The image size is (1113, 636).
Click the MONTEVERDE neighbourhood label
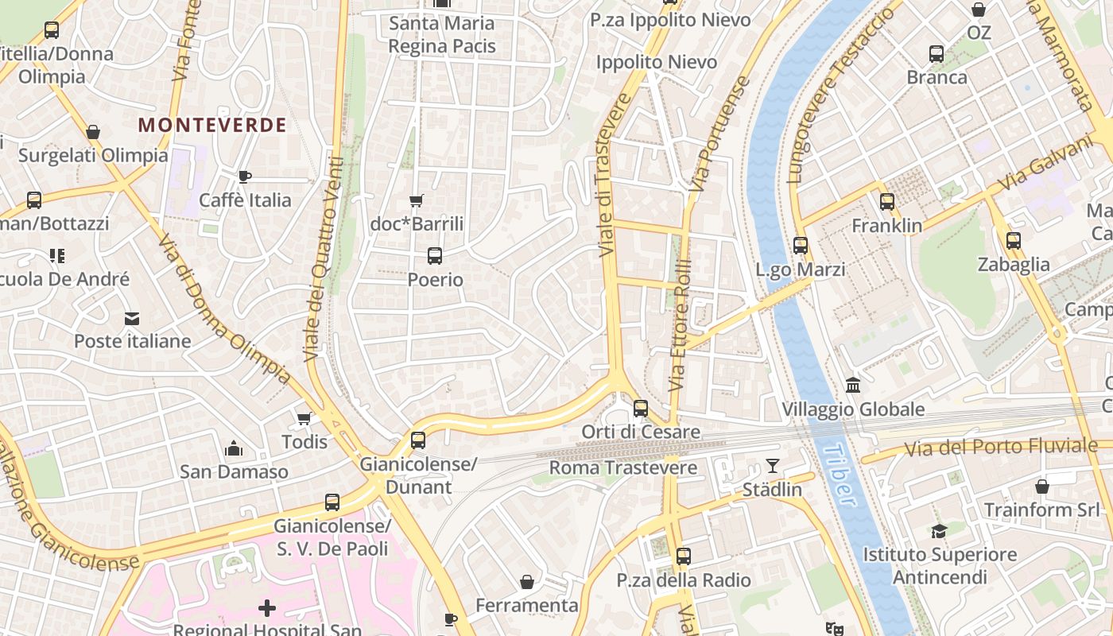(x=211, y=125)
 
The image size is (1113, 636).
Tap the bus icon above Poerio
(x=434, y=256)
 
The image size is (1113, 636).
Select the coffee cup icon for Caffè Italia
(x=245, y=176)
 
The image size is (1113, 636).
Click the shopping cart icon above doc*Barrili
(x=416, y=200)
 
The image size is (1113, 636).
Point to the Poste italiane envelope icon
(x=131, y=319)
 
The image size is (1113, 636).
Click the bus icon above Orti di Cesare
(x=640, y=409)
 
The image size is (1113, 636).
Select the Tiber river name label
(x=840, y=475)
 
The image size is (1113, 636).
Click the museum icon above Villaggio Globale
(x=853, y=386)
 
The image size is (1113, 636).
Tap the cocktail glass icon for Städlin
(x=772, y=466)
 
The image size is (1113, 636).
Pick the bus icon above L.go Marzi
(x=801, y=246)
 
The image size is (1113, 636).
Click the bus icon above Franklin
(x=886, y=202)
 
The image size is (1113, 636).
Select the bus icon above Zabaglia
(x=1013, y=241)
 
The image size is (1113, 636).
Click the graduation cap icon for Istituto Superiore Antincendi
(x=939, y=531)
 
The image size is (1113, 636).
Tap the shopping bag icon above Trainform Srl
(x=1041, y=487)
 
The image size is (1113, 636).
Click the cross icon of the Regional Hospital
(x=267, y=609)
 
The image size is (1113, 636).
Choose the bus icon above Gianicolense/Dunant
(x=418, y=440)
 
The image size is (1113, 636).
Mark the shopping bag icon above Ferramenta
(x=526, y=582)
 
